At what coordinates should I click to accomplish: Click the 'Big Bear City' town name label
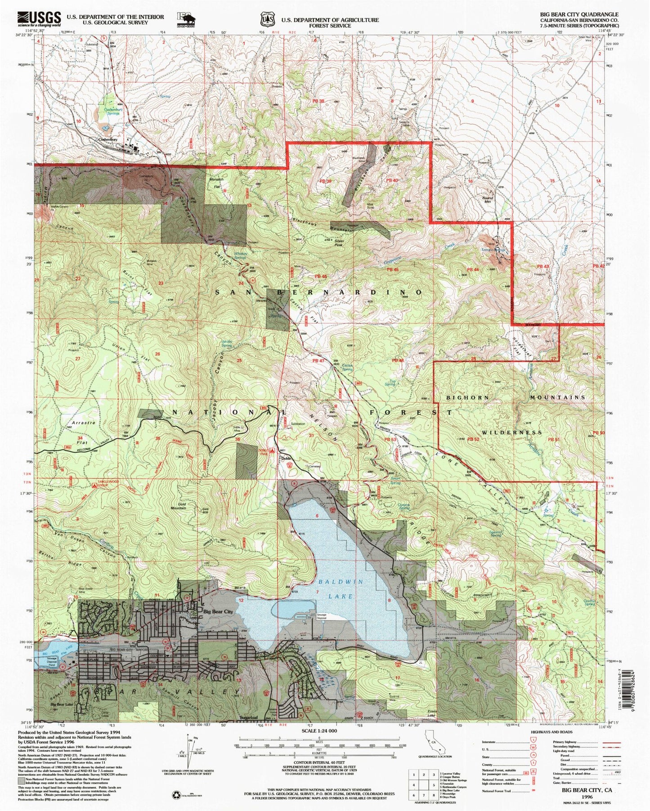point(218,612)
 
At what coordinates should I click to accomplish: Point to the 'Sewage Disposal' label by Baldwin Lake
point(322,616)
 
